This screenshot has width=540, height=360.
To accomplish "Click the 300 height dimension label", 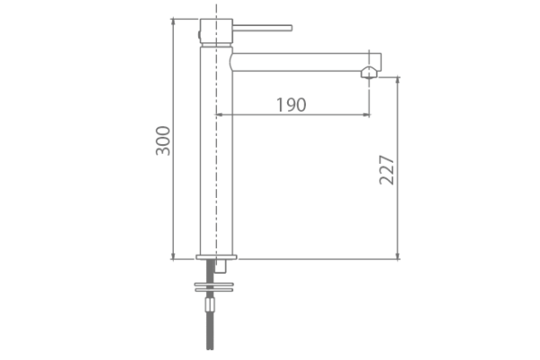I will click(x=163, y=139).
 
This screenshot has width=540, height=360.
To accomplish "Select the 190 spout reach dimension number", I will click(x=291, y=104).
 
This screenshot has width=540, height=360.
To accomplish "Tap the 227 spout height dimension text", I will click(x=387, y=166).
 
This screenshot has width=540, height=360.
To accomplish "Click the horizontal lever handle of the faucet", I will click(x=262, y=27).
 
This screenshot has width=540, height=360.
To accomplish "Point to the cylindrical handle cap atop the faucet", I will click(x=215, y=31).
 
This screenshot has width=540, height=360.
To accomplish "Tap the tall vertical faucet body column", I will click(x=216, y=153).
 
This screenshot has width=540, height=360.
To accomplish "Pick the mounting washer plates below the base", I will click(x=215, y=287).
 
